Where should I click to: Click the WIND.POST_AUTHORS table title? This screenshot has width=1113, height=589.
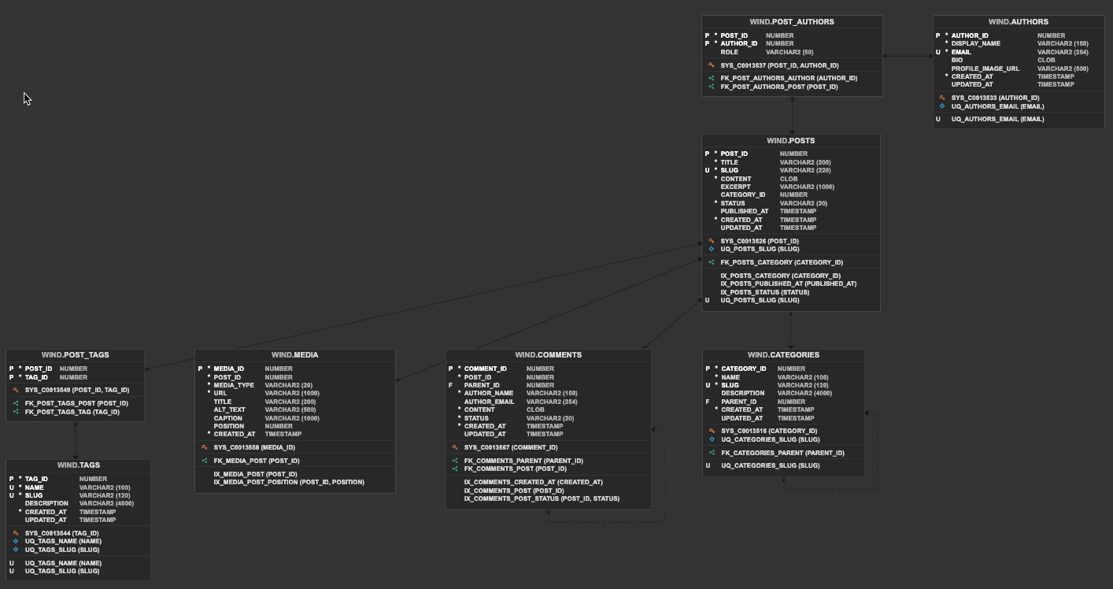pos(791,22)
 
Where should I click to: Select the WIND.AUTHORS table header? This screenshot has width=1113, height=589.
pos(1018,22)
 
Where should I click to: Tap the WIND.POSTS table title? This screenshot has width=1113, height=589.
pos(790,141)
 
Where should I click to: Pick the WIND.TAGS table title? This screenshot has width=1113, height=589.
pos(78,465)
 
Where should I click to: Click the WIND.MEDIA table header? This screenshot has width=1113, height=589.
pos(294,355)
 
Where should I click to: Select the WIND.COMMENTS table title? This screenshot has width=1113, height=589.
pos(548,355)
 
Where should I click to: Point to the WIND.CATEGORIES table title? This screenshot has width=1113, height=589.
pos(782,355)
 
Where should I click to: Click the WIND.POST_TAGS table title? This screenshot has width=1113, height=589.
pos(75,355)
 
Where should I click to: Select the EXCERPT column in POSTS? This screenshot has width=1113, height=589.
pos(735,187)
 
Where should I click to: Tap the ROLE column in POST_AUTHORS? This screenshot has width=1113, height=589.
pos(729,52)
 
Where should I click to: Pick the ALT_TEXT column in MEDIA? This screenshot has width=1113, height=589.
pos(229,409)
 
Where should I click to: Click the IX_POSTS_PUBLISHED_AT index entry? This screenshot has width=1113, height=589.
pos(788,283)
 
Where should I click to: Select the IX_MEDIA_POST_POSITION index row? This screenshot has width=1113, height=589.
pos(288,482)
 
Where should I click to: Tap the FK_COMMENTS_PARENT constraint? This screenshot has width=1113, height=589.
pos(523,461)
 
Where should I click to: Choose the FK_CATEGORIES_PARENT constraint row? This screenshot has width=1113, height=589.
pos(782,453)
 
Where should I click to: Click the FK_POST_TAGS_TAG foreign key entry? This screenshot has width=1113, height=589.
pos(72,412)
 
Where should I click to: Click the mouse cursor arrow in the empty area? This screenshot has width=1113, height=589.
pos(26,98)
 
